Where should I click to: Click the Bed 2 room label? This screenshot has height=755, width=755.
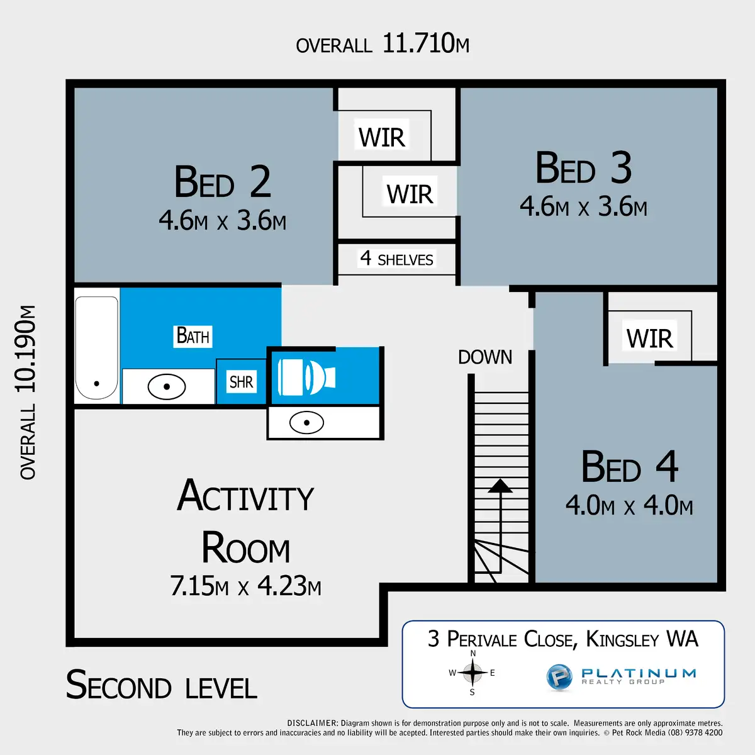pyautogui.click(x=222, y=182)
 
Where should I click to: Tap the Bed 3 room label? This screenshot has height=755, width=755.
pyautogui.click(x=583, y=169)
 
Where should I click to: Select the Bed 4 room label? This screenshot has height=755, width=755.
pyautogui.click(x=629, y=467)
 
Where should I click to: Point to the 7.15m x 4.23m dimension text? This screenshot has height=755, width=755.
pyautogui.click(x=245, y=586)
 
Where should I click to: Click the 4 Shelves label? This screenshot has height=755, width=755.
pyautogui.click(x=396, y=259)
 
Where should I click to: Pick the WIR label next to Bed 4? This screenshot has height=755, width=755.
pyautogui.click(x=649, y=338)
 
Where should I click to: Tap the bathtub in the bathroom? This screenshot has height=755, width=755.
pyautogui.click(x=96, y=348)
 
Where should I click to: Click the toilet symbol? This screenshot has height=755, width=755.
pyautogui.click(x=306, y=377)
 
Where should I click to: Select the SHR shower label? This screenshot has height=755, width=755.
pyautogui.click(x=241, y=382)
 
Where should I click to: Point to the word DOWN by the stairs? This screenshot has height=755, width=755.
pyautogui.click(x=485, y=357)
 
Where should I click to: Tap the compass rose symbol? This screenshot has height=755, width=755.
pyautogui.click(x=473, y=673)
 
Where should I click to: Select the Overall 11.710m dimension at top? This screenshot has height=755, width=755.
pyautogui.click(x=383, y=44)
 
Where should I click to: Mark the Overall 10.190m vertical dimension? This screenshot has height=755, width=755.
pyautogui.click(x=27, y=392)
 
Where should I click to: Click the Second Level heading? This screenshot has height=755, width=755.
pyautogui.click(x=162, y=685)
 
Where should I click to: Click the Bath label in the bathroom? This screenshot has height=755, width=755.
pyautogui.click(x=193, y=336)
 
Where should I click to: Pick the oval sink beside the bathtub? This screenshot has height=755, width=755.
pyautogui.click(x=167, y=386)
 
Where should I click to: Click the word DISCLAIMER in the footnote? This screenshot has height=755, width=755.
pyautogui.click(x=313, y=724)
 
